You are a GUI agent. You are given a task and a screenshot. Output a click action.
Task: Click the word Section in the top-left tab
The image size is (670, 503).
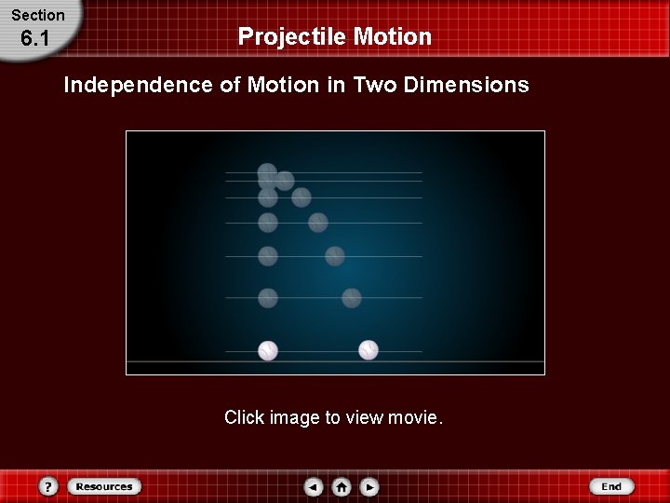pyautogui.click(x=38, y=15)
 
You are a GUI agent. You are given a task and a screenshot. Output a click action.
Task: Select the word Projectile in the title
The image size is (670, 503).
pyautogui.click(x=291, y=36)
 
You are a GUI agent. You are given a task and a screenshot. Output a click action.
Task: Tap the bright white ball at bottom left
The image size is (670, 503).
pyautogui.click(x=268, y=350)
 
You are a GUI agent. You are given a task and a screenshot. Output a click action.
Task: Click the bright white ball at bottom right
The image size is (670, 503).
pyautogui.click(x=368, y=350)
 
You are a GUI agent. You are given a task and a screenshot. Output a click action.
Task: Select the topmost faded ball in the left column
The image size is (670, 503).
pyautogui.click(x=267, y=172)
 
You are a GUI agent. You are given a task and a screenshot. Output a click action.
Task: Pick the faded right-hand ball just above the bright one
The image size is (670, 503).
pyautogui.click(x=351, y=298)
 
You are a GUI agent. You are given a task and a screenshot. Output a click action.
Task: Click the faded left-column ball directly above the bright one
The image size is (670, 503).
pyautogui.click(x=268, y=298)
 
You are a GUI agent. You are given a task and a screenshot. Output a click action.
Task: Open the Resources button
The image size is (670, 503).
pyautogui.click(x=103, y=486)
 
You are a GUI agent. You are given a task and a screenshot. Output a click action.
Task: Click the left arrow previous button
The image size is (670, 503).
pyautogui.click(x=314, y=486)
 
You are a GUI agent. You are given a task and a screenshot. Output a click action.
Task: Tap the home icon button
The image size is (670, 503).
pyautogui.click(x=342, y=486)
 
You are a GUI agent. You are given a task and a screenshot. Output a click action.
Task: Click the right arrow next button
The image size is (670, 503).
pyautogui.click(x=369, y=486)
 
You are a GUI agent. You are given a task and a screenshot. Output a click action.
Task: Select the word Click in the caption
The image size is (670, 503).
pyautogui.click(x=244, y=417)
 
